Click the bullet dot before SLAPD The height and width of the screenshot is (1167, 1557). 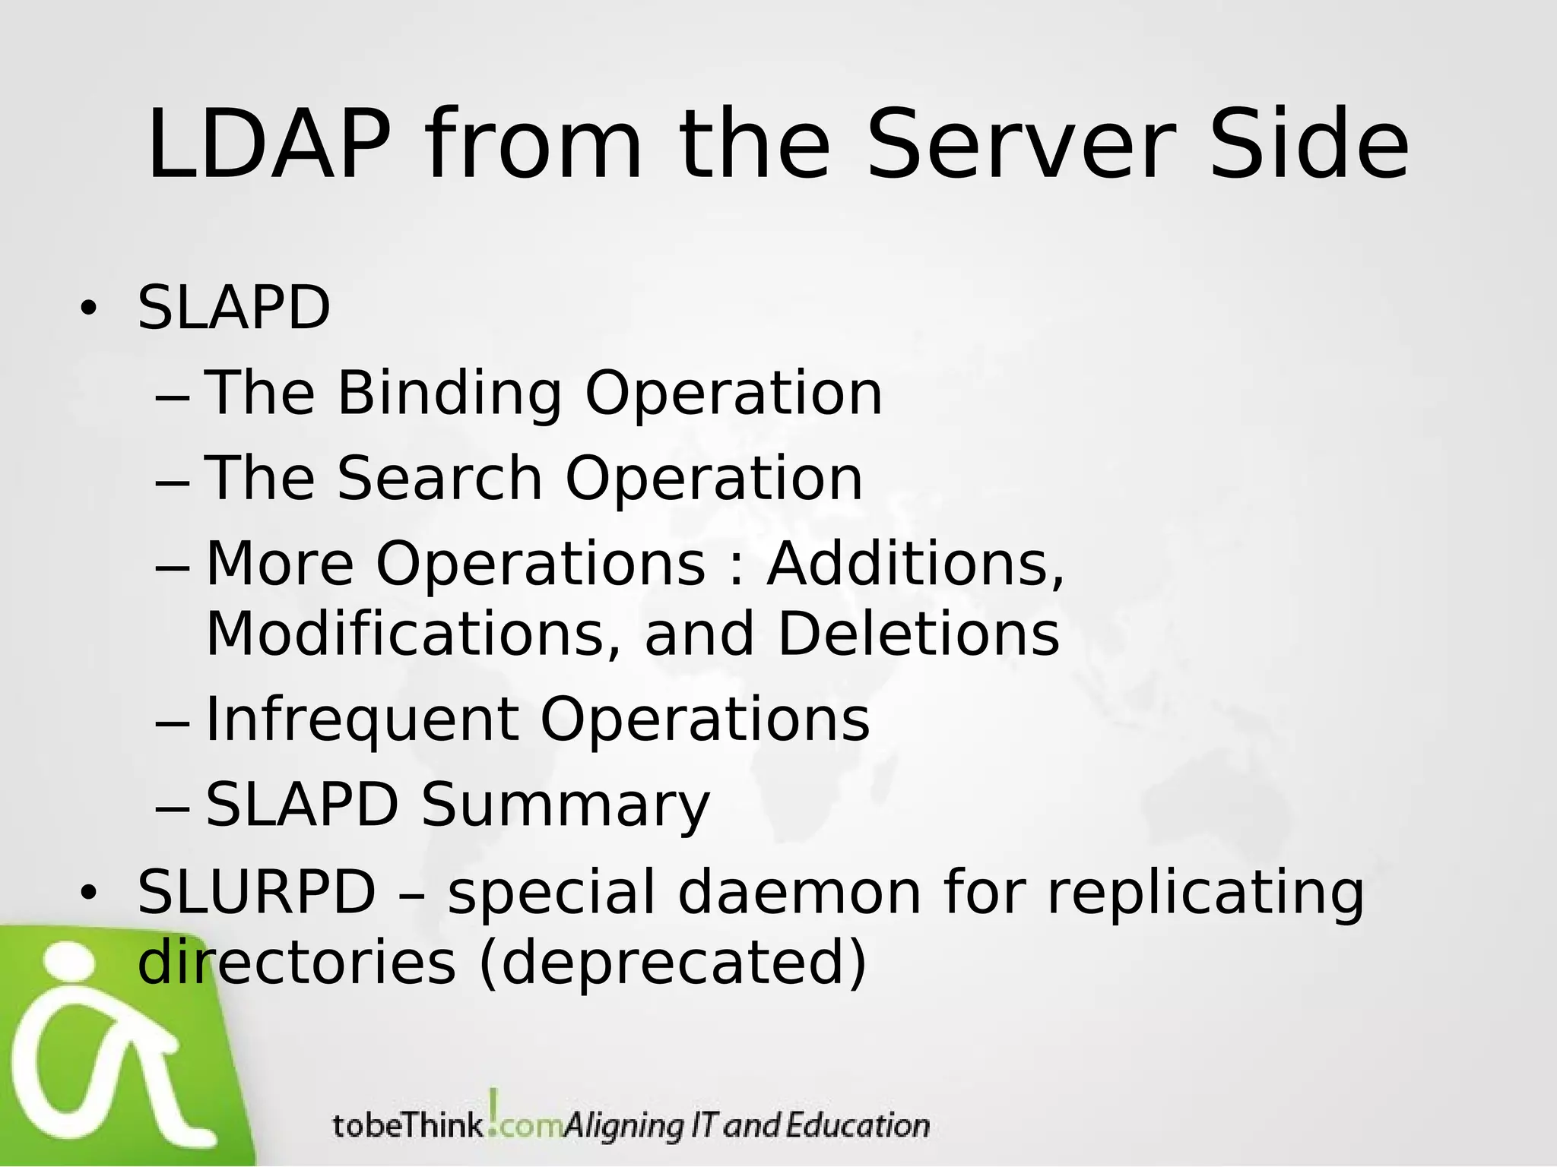[x=88, y=308]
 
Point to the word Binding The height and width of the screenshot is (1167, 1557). [x=449, y=394]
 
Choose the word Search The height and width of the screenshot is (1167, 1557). [x=439, y=479]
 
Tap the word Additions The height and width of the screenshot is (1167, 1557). [x=915, y=565]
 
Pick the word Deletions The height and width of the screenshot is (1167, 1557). [x=918, y=634]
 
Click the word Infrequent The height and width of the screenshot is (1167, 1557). [x=363, y=719]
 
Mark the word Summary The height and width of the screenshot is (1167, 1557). [x=565, y=805]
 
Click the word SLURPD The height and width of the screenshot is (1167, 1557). [x=256, y=892]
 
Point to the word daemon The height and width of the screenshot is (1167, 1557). [x=799, y=892]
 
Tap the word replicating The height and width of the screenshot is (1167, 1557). [x=1205, y=893]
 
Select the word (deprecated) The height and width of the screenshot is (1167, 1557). [x=672, y=963]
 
